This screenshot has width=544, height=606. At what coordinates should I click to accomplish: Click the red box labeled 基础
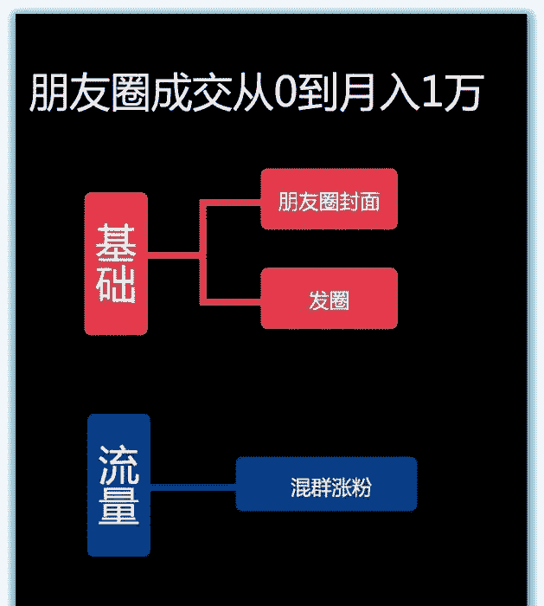tap(116, 263)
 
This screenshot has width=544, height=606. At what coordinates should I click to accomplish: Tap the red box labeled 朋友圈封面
tap(329, 200)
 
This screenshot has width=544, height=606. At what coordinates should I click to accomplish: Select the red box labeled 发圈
tap(329, 299)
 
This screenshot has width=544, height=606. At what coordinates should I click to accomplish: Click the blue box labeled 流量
tap(118, 485)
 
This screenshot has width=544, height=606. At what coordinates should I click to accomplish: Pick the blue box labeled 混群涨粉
tap(326, 485)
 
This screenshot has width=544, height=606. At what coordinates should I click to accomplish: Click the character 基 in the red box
tap(116, 242)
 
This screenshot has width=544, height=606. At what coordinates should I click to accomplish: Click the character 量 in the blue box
tap(118, 507)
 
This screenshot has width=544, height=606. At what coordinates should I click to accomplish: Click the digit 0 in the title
tap(284, 93)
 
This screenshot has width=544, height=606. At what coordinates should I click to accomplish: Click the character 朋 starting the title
tap(49, 93)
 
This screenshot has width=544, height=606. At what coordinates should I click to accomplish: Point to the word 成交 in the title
tap(189, 93)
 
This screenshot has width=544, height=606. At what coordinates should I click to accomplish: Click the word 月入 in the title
tap(371, 93)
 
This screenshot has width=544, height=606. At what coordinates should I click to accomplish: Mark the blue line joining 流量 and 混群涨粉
tap(193, 486)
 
